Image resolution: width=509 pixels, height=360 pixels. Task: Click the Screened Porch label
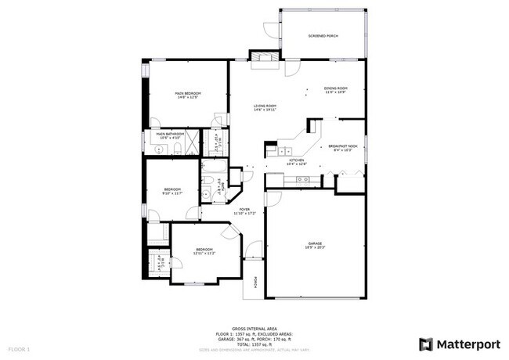[323, 36]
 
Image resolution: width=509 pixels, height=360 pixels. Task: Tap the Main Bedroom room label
[187, 95]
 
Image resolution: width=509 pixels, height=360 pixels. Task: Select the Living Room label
[265, 107]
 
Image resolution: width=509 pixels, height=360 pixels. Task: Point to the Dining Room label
[335, 90]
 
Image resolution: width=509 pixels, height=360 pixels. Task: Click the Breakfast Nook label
[342, 147]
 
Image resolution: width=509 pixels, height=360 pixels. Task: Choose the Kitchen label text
[296, 162]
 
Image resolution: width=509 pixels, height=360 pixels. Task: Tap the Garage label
[315, 245]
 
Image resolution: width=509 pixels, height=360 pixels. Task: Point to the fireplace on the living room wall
[260, 58]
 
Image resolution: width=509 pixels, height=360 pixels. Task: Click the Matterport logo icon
[425, 344]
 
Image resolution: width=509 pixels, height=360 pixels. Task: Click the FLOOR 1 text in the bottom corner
[19, 348]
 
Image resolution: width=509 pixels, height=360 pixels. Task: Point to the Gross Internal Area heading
[254, 329]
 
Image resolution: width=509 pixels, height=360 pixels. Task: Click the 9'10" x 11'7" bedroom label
[172, 191]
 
